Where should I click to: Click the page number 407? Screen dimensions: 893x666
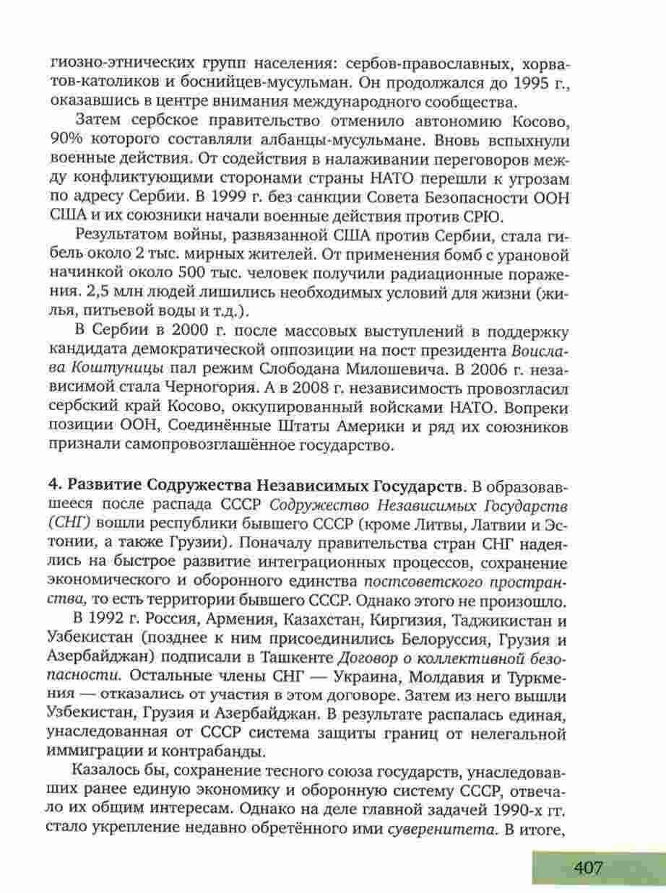tap(589, 866)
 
